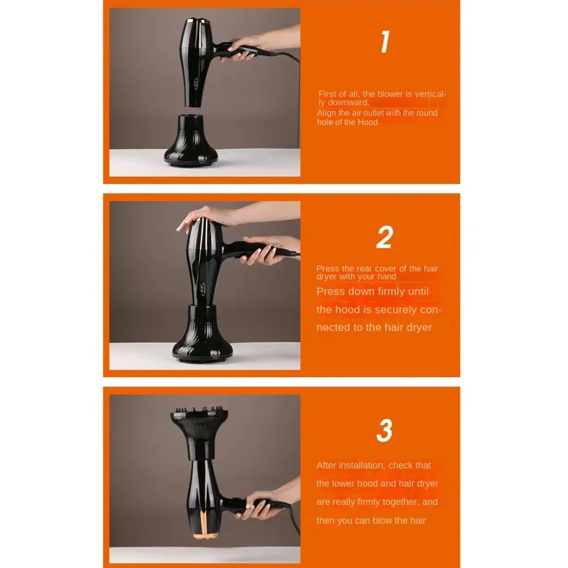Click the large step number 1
(x=385, y=43)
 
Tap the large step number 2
(x=385, y=237)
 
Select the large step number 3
(x=385, y=431)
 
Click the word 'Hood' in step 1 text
(x=367, y=122)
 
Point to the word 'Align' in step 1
(x=327, y=113)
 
